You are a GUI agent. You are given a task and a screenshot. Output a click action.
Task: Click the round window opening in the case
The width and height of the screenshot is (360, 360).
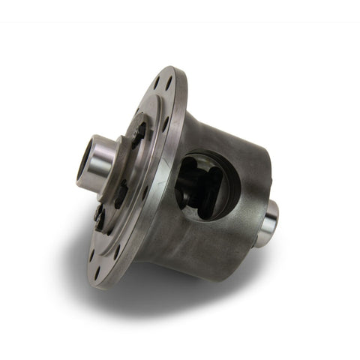[205, 183]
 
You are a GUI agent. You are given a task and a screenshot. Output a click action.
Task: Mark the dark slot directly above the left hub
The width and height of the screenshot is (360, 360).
[139, 133]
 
